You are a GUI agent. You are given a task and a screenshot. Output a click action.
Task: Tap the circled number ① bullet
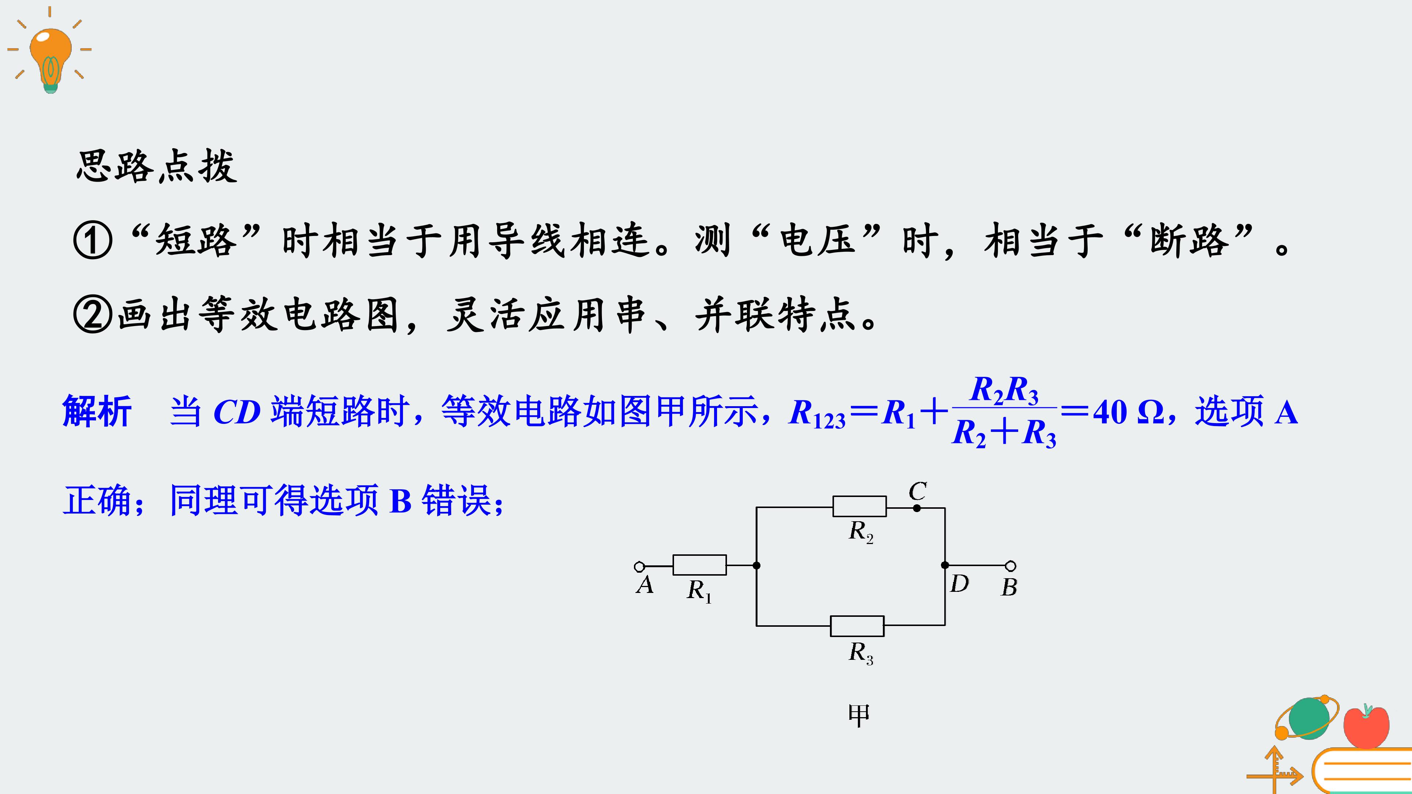click(93, 240)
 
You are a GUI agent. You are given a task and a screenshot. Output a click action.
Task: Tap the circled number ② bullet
click(93, 315)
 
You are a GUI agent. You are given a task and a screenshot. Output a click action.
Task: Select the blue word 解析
click(97, 412)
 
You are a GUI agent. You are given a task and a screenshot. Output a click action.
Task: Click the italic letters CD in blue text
click(237, 412)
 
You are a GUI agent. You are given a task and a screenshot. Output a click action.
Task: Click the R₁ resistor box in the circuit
click(699, 565)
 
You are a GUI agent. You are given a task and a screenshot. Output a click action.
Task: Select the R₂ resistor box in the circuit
click(859, 506)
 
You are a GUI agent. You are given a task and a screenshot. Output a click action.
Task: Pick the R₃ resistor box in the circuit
click(857, 626)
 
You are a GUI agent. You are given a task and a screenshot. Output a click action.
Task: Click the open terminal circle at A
click(639, 566)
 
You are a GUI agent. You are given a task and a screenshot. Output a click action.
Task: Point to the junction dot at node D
click(945, 565)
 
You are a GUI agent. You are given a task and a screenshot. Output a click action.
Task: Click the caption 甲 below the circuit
click(859, 715)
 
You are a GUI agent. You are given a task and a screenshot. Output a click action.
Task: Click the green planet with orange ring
click(1307, 718)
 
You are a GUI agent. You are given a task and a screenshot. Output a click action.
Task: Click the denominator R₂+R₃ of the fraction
click(1004, 433)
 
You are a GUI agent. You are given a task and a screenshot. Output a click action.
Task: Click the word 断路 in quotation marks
click(1189, 240)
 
